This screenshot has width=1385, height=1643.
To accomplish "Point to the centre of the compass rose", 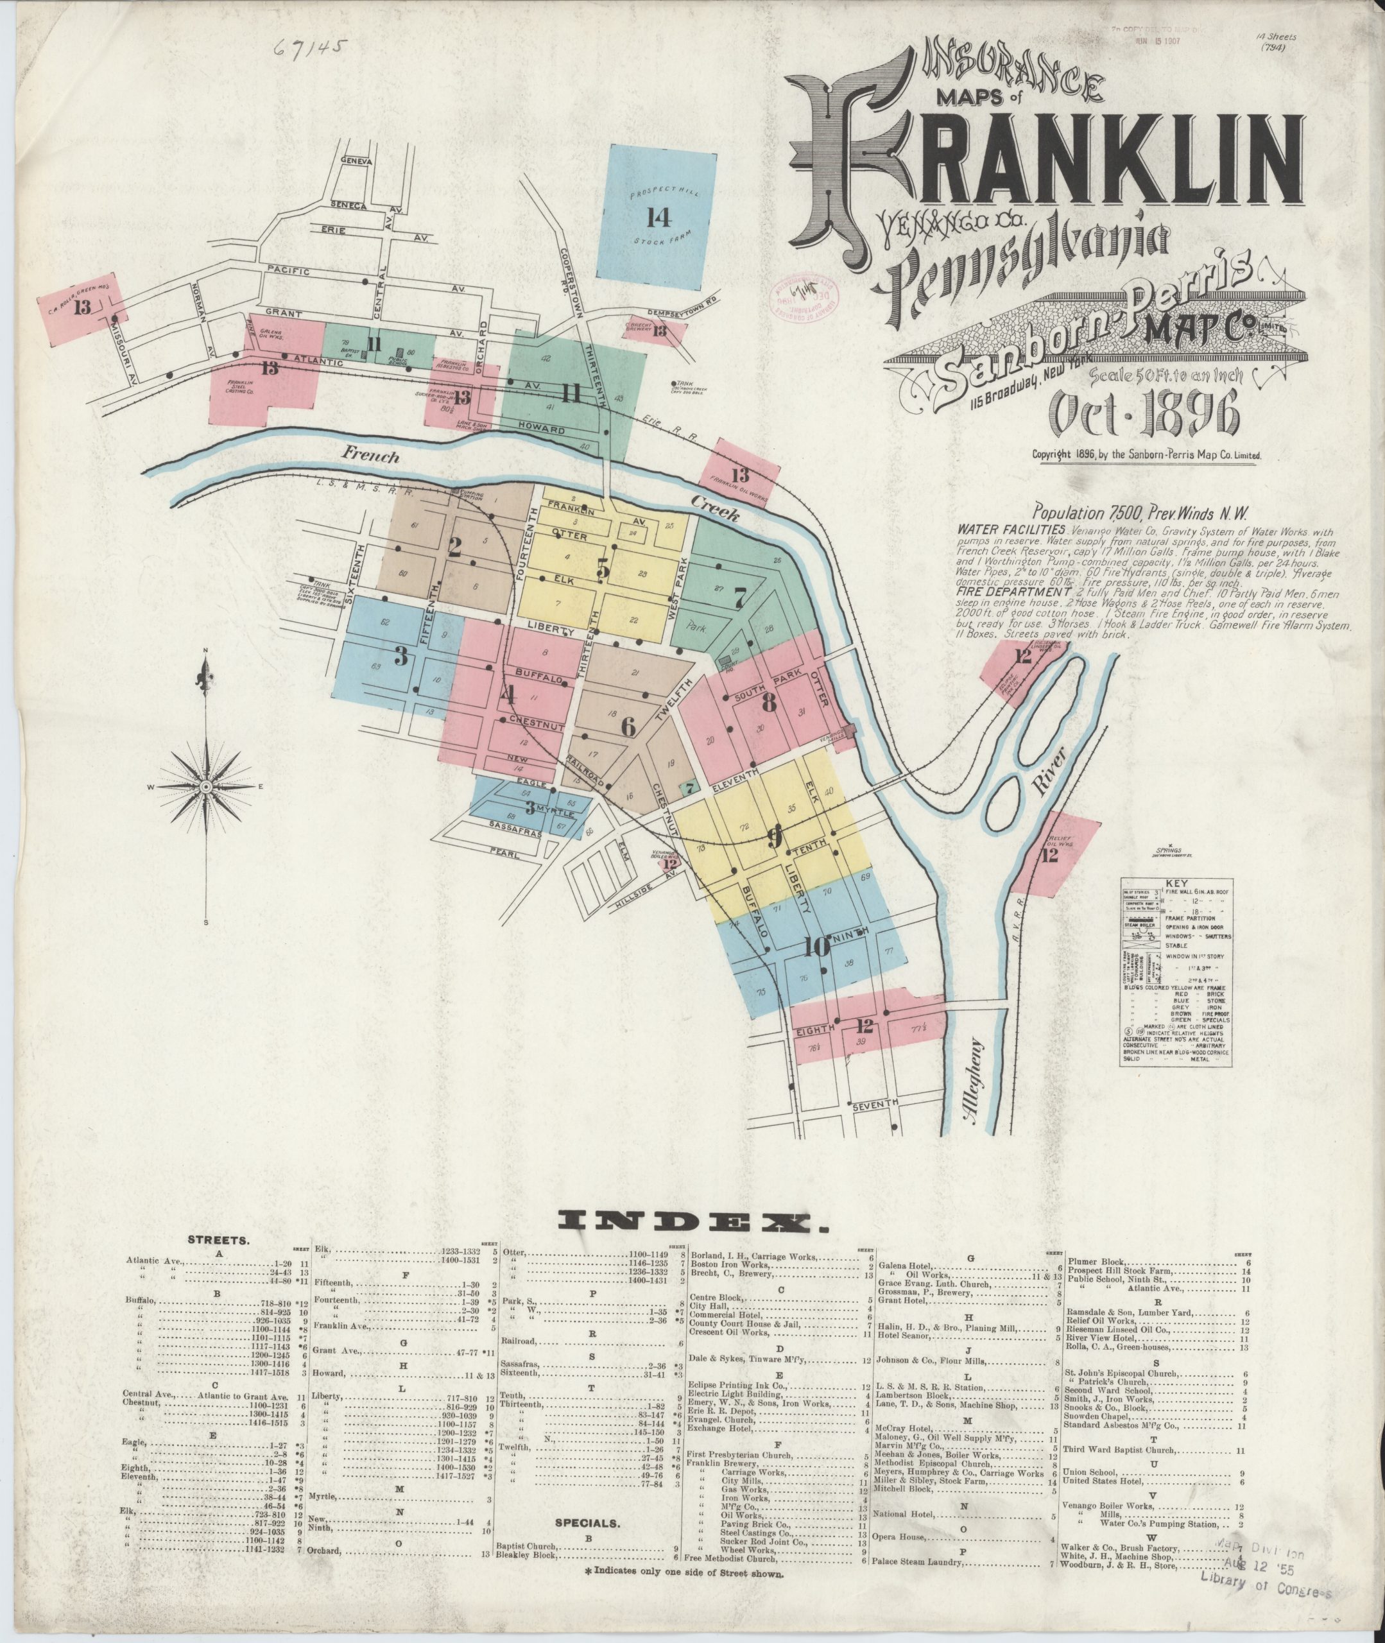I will point(206,785).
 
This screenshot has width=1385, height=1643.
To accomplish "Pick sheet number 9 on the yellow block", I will point(774,839).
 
